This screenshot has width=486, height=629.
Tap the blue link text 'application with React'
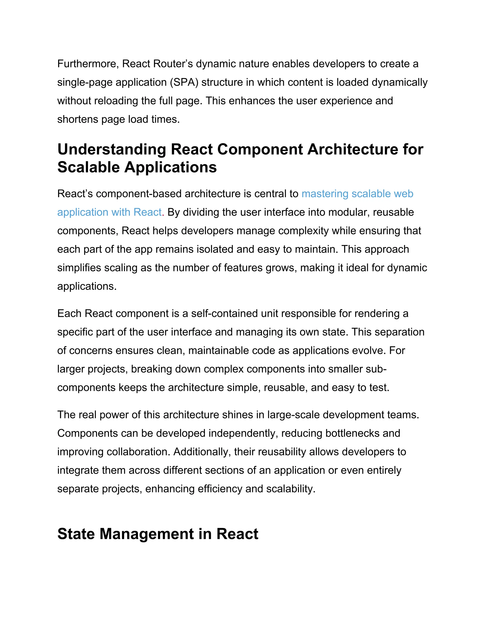[109, 212]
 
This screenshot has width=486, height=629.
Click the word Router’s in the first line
[173, 64]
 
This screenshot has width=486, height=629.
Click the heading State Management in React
[158, 534]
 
